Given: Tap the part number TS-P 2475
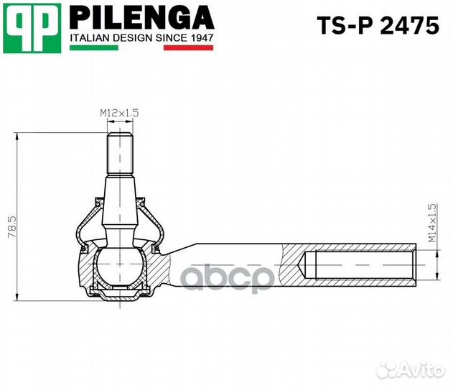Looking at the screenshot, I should [378, 27].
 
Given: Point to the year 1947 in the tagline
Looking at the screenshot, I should [199, 38].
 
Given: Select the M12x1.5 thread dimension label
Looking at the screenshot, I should [118, 113].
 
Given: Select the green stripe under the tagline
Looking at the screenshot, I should [93, 48].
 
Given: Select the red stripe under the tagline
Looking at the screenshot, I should [189, 48].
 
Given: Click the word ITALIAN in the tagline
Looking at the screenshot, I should [89, 38].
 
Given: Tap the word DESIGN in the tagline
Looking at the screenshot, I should [130, 38].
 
